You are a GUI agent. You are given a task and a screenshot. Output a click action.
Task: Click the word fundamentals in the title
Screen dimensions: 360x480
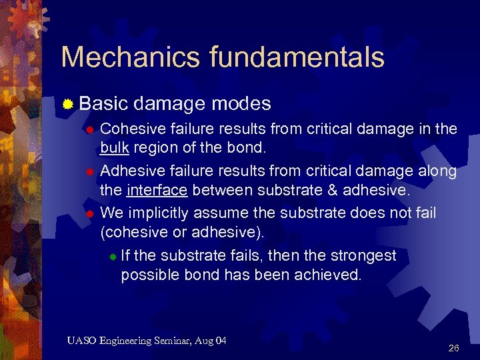pos(297,57)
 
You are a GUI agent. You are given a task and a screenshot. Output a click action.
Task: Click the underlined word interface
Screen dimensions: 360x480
pos(157,191)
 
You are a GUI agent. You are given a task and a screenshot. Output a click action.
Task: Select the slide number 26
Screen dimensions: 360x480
pos(454,348)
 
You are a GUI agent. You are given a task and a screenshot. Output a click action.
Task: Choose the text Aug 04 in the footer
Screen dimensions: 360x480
pos(213,341)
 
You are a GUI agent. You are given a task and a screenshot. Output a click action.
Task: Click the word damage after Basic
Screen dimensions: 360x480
pos(170,104)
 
